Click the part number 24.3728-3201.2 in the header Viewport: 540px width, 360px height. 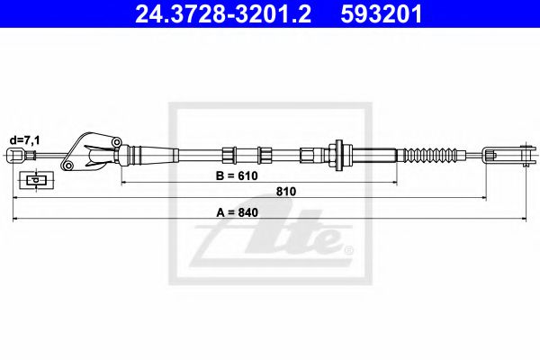pyautogui.click(x=216, y=14)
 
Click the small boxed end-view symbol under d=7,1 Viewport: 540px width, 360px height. pyautogui.click(x=35, y=180)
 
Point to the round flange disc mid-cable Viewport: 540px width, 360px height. pyautogui.click(x=341, y=154)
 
